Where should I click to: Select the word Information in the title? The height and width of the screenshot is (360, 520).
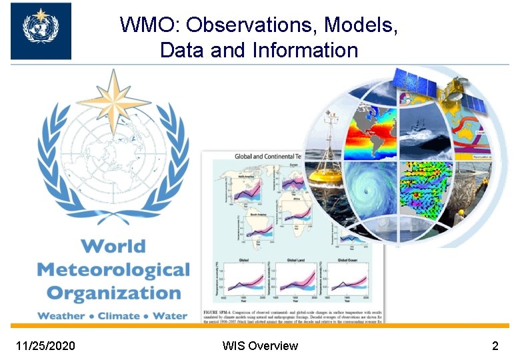[306, 50]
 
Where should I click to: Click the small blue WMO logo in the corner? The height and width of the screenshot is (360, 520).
[41, 31]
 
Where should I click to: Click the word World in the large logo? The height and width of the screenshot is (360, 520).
[113, 246]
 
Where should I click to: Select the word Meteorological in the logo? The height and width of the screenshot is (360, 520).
[113, 270]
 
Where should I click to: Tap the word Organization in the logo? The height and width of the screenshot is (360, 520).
[113, 293]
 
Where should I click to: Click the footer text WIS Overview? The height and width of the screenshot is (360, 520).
[260, 346]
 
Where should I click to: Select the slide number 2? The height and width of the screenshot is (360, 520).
[495, 346]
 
